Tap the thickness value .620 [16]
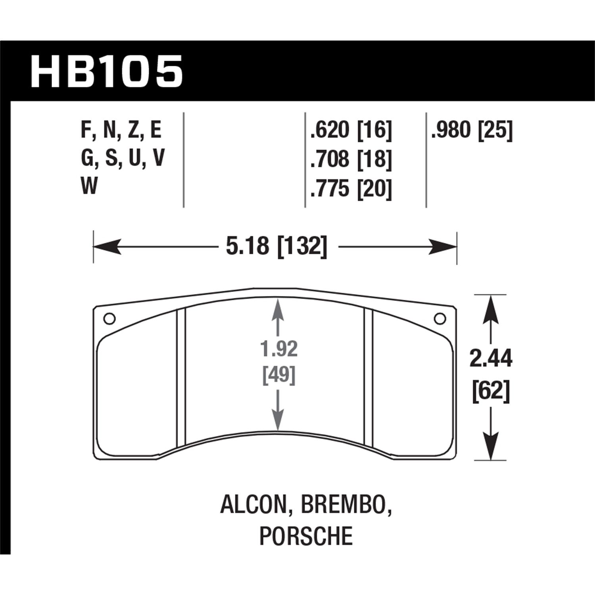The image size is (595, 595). (351, 131)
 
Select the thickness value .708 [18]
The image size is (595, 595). (351, 159)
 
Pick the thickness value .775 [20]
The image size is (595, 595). (351, 188)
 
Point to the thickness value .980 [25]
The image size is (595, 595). (472, 131)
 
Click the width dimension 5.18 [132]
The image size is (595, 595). (276, 246)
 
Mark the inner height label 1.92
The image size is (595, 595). (279, 349)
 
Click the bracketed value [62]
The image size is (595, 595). (491, 392)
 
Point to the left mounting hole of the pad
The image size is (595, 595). (109, 319)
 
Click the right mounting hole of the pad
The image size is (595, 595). (440, 319)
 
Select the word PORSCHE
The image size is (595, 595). (306, 535)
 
